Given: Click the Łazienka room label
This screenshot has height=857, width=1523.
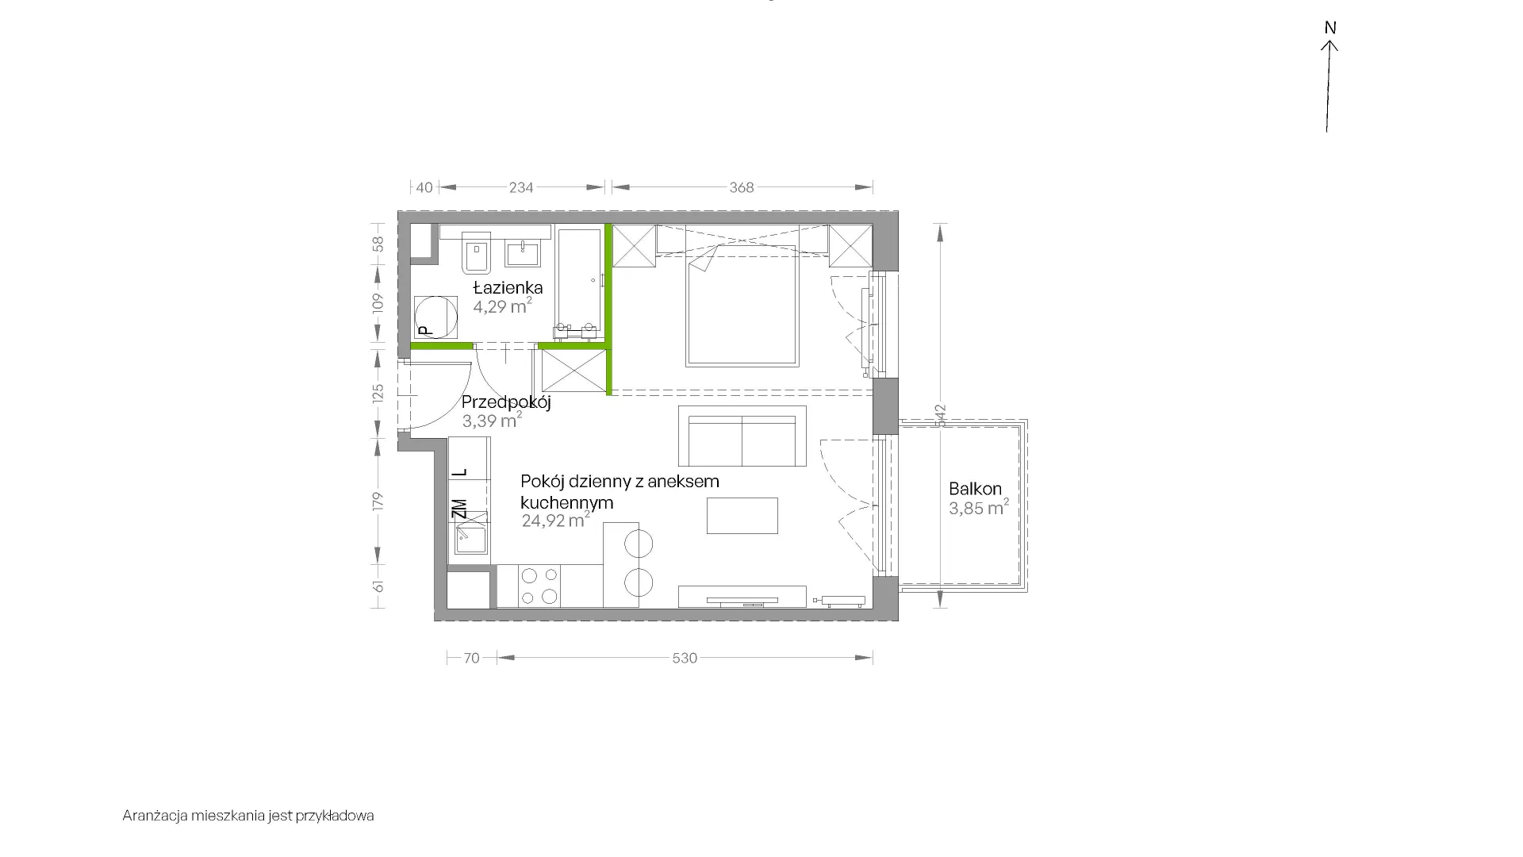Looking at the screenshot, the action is (x=508, y=287).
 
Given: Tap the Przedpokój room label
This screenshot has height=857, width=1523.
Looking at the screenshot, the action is (x=506, y=402).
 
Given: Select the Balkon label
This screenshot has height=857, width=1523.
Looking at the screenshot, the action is (x=975, y=489).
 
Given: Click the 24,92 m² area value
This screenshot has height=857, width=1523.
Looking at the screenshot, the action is (x=556, y=521).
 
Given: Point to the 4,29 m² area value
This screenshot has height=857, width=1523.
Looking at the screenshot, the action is (x=502, y=306).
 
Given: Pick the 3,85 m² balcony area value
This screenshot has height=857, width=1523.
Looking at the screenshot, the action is (x=979, y=508).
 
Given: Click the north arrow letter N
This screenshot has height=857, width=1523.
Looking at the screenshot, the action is (x=1331, y=28).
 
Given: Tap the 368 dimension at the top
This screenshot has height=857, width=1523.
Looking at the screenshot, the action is (x=742, y=187).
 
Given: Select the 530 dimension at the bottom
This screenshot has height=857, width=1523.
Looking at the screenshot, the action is (x=685, y=658).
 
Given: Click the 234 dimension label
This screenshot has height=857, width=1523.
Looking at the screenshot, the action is (x=521, y=187).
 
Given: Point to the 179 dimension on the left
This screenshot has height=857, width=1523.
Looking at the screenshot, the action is (x=378, y=501).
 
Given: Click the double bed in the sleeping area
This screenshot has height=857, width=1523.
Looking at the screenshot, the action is (x=742, y=305).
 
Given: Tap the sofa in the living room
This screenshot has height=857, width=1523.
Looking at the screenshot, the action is (x=742, y=436).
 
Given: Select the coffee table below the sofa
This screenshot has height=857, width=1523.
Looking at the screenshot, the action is (x=742, y=516).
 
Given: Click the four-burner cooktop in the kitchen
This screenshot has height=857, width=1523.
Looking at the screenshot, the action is (x=539, y=586).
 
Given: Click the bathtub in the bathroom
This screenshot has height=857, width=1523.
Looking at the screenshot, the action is (x=580, y=283).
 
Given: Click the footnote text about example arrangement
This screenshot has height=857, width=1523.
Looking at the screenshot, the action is (x=248, y=816).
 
